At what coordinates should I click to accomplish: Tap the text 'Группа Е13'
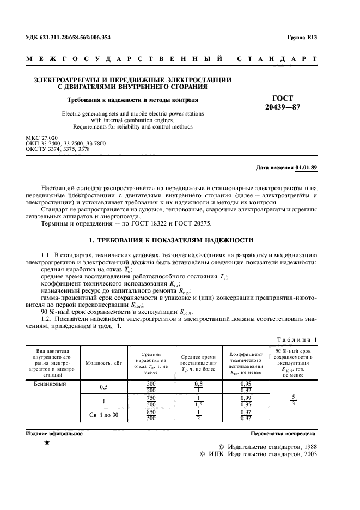[x=302, y=37]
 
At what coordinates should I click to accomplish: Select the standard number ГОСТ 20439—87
[x=282, y=102]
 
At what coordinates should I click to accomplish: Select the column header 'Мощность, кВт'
[x=103, y=363]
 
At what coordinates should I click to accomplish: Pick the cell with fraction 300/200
[x=151, y=387]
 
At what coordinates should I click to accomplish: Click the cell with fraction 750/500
[x=151, y=401]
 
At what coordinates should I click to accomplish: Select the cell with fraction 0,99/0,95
[x=246, y=401]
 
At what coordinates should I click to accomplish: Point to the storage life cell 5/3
[x=293, y=400]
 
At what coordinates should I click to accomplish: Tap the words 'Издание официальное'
[x=54, y=434]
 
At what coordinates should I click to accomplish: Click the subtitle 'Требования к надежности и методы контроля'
[x=132, y=100]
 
